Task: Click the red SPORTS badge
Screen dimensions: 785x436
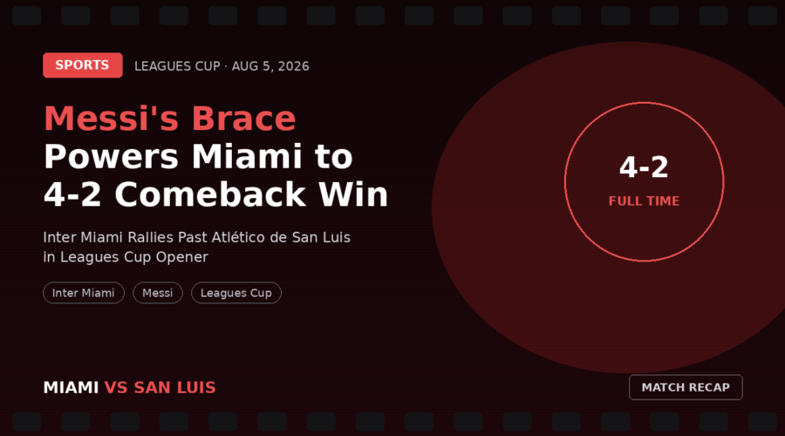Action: tap(83, 65)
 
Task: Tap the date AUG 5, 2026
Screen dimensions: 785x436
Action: tap(270, 66)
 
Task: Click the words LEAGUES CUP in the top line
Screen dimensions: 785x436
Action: tap(177, 66)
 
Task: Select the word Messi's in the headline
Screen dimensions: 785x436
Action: tap(111, 119)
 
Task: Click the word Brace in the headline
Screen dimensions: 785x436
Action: tap(244, 119)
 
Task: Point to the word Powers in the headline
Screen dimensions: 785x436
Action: tap(111, 157)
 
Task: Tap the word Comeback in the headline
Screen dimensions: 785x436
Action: tap(209, 194)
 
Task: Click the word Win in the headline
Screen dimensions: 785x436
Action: tap(353, 194)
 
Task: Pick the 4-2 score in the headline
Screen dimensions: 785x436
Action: tap(72, 194)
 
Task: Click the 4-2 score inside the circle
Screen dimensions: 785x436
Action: tap(644, 167)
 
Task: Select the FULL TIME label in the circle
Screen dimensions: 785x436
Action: tap(644, 201)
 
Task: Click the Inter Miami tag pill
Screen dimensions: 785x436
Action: tap(84, 293)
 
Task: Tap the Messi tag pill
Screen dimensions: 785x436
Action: tap(158, 293)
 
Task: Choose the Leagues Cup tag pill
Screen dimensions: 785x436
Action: tap(236, 293)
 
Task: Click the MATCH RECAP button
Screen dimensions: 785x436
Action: tap(686, 387)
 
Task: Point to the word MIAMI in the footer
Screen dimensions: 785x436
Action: tap(72, 387)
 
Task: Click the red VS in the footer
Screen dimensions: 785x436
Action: tap(116, 387)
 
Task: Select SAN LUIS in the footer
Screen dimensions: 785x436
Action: tap(174, 387)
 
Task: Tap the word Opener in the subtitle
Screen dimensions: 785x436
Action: tap(181, 257)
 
